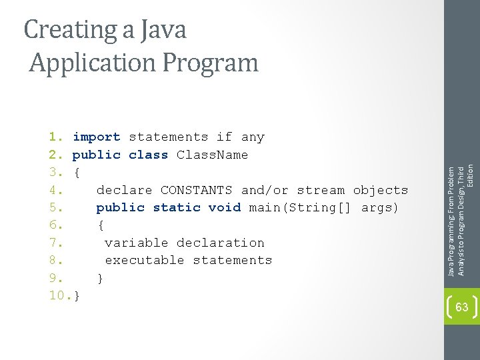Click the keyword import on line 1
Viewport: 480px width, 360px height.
[97, 137]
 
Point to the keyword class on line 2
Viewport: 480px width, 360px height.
[149, 155]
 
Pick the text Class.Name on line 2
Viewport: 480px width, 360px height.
[212, 155]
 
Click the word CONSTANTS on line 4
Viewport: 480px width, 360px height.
[197, 190]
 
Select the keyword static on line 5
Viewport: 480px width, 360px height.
[177, 207]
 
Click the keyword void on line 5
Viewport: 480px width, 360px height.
[225, 207]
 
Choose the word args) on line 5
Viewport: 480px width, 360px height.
[380, 207]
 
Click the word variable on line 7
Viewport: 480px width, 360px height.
[137, 243]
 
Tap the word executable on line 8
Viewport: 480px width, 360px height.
[145, 260]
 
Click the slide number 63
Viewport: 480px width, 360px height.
[461, 307]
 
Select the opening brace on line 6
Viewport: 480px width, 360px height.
[101, 225]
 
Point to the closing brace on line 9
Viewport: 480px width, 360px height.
[101, 278]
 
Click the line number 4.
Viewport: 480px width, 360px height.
[56, 190]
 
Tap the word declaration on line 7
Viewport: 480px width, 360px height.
[221, 243]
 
